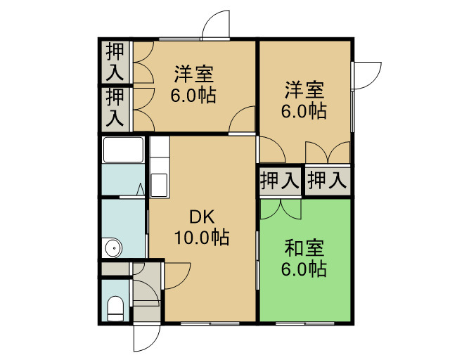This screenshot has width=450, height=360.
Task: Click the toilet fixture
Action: (x=115, y=309)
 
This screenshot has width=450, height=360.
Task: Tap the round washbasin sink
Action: (x=114, y=247)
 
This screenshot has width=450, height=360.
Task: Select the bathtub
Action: (x=124, y=150)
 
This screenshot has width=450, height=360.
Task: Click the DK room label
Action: (x=202, y=217)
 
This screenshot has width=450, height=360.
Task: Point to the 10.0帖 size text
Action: (x=202, y=238)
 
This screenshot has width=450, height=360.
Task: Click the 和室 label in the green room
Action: (x=304, y=248)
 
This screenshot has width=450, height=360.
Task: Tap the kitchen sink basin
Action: (x=159, y=185)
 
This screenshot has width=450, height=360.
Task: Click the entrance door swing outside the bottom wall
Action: (x=146, y=338)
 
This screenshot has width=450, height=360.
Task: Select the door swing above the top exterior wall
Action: (x=216, y=25)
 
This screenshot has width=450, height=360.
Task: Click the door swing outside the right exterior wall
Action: (x=368, y=75)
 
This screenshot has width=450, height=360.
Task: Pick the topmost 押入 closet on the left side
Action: (x=115, y=62)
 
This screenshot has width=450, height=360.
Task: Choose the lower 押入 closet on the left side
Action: (x=115, y=108)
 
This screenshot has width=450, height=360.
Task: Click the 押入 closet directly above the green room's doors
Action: (x=280, y=181)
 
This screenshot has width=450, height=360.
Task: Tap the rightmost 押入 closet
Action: (x=328, y=181)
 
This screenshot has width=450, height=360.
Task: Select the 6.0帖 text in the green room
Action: (x=304, y=269)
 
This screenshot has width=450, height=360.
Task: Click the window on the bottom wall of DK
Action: (x=210, y=323)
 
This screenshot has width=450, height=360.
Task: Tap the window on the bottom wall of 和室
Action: (x=305, y=323)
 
